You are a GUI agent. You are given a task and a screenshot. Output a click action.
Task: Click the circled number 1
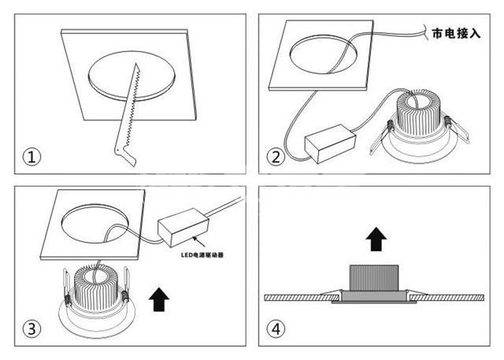[x=31, y=158]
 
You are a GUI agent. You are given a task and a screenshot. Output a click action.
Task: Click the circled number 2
[x=276, y=158]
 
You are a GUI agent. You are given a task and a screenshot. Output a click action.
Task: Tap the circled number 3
[x=31, y=329]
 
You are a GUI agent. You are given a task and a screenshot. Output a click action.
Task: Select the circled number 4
[x=276, y=329]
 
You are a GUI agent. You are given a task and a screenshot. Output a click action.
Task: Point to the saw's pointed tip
[x=136, y=63]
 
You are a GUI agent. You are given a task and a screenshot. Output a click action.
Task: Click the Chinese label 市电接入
[x=457, y=33]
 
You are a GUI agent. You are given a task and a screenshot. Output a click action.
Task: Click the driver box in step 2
[x=330, y=143]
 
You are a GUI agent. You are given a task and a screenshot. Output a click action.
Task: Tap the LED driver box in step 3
[x=183, y=227]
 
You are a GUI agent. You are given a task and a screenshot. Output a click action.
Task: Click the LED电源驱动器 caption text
[x=202, y=255]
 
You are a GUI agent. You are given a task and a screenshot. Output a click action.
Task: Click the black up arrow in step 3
[x=159, y=299]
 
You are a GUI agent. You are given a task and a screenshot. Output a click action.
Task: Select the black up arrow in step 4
[x=376, y=239]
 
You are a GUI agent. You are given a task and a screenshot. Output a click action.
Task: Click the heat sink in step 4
[x=374, y=278]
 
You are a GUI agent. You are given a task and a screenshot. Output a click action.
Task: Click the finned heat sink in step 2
[x=418, y=113]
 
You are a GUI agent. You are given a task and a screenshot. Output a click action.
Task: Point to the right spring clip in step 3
[x=126, y=286]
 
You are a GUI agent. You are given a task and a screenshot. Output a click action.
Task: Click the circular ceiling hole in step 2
[x=324, y=54]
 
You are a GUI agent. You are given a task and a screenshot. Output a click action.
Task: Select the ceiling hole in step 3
[x=95, y=223]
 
